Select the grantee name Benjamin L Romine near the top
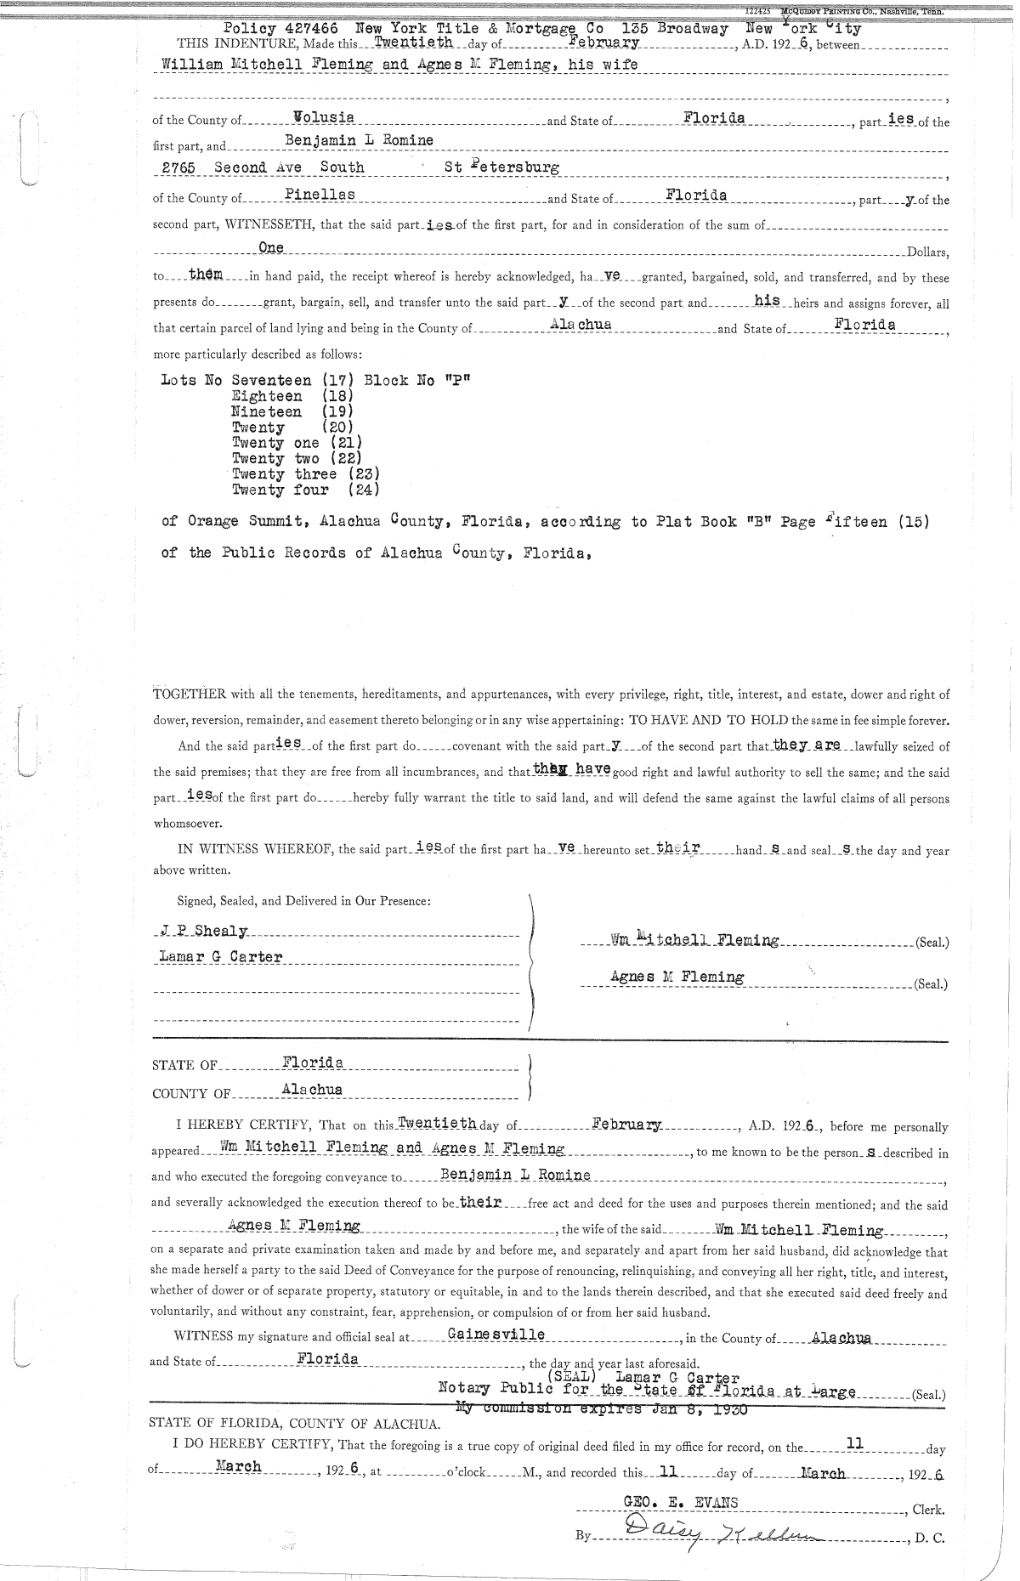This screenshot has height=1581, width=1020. tap(359, 140)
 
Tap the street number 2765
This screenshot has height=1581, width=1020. tap(179, 167)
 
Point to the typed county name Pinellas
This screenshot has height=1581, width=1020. tap(320, 195)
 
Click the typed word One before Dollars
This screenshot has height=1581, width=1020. tap(270, 247)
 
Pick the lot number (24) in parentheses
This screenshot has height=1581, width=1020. tap(363, 490)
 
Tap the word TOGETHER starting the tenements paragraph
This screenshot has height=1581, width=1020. tap(183, 694)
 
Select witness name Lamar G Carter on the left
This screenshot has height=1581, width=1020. tap(221, 957)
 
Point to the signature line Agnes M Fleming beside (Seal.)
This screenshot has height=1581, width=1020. tap(677, 977)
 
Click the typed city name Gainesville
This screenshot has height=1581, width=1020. tap(496, 1334)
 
